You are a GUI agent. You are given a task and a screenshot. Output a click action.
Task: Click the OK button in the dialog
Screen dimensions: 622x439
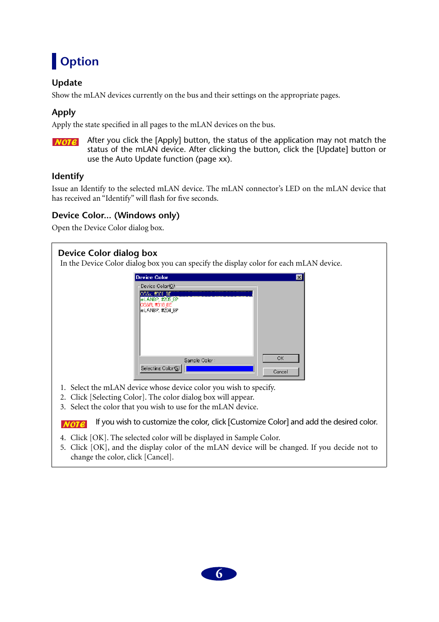click(x=280, y=358)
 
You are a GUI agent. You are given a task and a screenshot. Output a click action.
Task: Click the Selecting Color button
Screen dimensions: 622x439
click(x=160, y=368)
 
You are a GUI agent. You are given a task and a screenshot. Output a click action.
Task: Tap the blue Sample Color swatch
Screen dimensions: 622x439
click(x=219, y=369)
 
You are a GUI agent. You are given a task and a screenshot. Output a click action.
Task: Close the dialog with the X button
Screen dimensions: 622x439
click(x=299, y=277)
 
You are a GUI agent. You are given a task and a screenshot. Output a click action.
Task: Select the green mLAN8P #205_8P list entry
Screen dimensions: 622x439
click(x=159, y=299)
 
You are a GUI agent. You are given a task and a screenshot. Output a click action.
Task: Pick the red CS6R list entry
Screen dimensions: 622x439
click(x=156, y=305)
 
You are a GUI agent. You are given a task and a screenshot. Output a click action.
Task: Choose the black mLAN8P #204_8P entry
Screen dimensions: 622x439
click(x=159, y=310)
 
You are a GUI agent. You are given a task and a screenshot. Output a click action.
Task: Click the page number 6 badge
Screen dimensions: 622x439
click(x=219, y=574)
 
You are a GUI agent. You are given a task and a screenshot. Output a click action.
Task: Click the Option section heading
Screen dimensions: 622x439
click(x=79, y=61)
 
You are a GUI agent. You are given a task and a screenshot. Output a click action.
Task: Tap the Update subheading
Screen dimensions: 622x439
click(x=67, y=83)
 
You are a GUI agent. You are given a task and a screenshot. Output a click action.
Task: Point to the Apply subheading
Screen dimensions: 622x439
click(x=64, y=112)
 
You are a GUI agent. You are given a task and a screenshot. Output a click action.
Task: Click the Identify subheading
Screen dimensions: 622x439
click(x=68, y=176)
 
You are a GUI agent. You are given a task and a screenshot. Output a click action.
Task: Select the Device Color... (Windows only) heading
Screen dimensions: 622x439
click(x=116, y=215)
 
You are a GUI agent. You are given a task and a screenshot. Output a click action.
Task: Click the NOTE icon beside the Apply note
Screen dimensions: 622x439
click(x=65, y=142)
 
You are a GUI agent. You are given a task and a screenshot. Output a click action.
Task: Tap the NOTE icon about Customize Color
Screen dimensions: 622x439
click(x=74, y=424)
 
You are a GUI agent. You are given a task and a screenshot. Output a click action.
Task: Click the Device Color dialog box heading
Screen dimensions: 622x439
click(x=108, y=253)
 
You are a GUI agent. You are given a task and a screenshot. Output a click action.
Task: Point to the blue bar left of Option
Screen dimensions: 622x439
click(x=54, y=61)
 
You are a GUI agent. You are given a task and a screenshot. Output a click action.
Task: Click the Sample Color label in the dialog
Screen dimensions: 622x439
click(x=198, y=360)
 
